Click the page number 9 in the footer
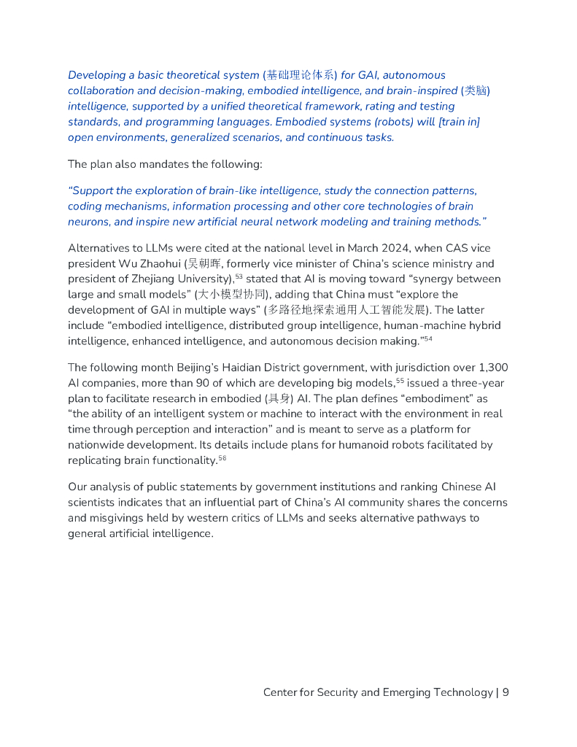[506, 692]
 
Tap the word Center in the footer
[280, 692]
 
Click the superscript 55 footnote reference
[400, 380]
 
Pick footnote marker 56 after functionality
[222, 457]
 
